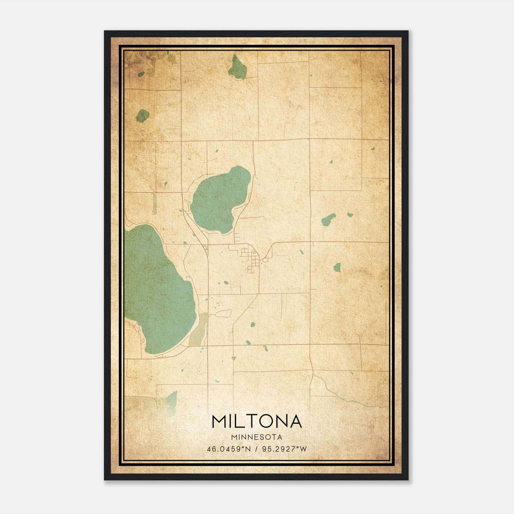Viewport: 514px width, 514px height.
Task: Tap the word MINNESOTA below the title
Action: tap(257, 437)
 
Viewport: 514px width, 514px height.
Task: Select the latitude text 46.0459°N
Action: tap(228, 449)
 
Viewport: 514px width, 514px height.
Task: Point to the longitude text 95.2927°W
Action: tap(284, 449)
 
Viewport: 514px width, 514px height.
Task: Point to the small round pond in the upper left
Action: tap(143, 115)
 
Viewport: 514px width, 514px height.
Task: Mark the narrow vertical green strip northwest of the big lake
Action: tap(155, 204)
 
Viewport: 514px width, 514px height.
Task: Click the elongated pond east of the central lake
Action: tap(328, 219)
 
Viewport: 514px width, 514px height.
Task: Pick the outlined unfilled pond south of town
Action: tap(223, 313)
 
